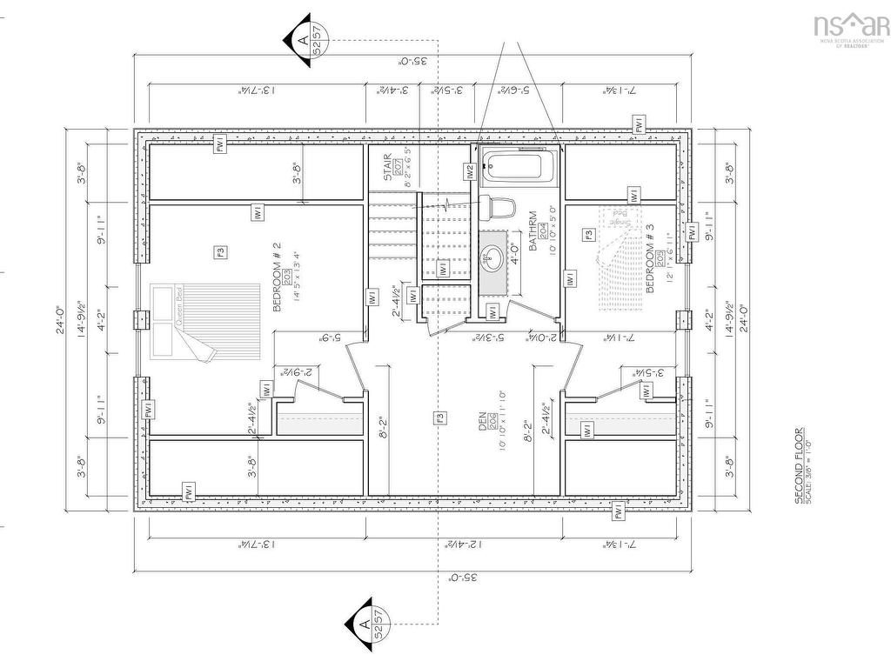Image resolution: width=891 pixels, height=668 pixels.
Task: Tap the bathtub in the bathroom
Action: [517, 167]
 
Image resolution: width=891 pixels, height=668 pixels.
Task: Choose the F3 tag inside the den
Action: [440, 418]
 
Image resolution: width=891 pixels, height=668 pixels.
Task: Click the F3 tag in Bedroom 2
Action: [220, 252]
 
